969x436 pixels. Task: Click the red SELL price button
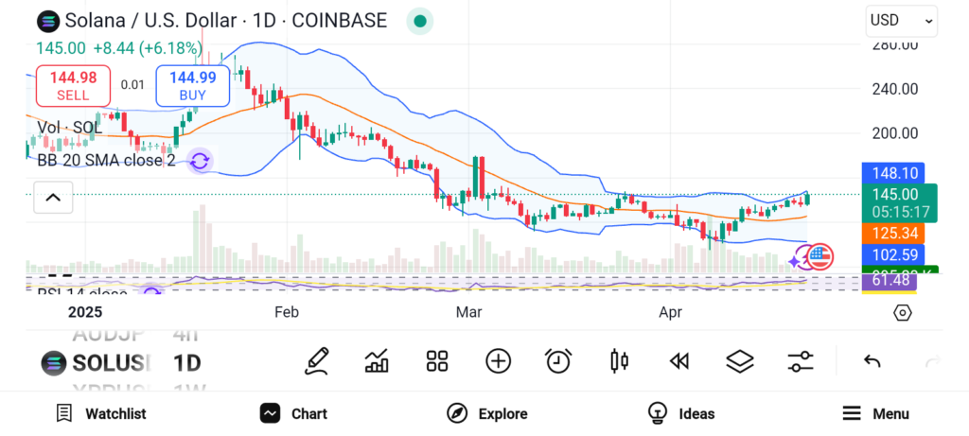(x=73, y=85)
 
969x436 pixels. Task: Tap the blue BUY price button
(x=192, y=85)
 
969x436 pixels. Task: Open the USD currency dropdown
(x=901, y=20)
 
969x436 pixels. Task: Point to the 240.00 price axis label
(x=895, y=89)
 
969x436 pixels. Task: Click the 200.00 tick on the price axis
(x=895, y=133)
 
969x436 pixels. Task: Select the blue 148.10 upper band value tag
(x=892, y=173)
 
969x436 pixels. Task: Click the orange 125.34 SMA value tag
(x=892, y=233)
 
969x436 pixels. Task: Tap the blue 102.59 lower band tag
(x=892, y=254)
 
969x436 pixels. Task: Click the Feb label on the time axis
(x=287, y=311)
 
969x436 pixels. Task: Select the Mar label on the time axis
(x=468, y=311)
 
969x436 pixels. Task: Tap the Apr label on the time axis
(x=671, y=311)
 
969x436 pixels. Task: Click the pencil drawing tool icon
(x=317, y=360)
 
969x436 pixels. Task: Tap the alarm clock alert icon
(x=558, y=360)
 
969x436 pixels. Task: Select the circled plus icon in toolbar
(x=498, y=360)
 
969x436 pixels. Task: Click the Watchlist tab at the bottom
(x=101, y=413)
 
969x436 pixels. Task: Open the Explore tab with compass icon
(x=487, y=413)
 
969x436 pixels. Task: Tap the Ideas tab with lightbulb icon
(x=681, y=413)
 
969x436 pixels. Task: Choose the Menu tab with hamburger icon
(x=875, y=413)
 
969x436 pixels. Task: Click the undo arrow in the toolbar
(x=872, y=360)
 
